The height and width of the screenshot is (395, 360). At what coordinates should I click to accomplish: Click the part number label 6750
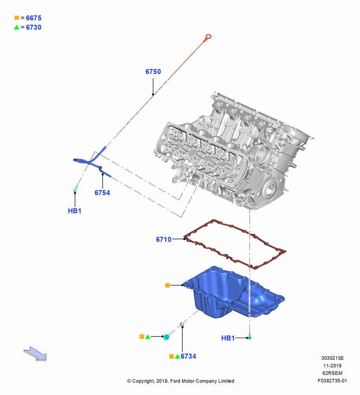click(x=153, y=72)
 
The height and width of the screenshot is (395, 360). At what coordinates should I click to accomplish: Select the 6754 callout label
click(x=102, y=193)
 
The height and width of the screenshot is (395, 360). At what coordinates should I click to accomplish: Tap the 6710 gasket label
click(x=164, y=239)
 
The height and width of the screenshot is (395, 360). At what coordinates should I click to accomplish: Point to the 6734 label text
click(x=188, y=356)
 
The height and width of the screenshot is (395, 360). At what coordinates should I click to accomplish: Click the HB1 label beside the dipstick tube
click(x=75, y=211)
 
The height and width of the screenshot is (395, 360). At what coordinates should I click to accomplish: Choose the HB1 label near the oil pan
click(x=228, y=338)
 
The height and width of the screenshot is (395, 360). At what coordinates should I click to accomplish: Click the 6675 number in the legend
click(x=34, y=18)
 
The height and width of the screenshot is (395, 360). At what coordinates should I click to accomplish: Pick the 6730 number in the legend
click(x=34, y=28)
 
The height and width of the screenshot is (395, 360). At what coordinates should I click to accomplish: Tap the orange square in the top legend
click(x=17, y=18)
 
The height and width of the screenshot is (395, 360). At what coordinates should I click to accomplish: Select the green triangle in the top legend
click(x=17, y=27)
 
